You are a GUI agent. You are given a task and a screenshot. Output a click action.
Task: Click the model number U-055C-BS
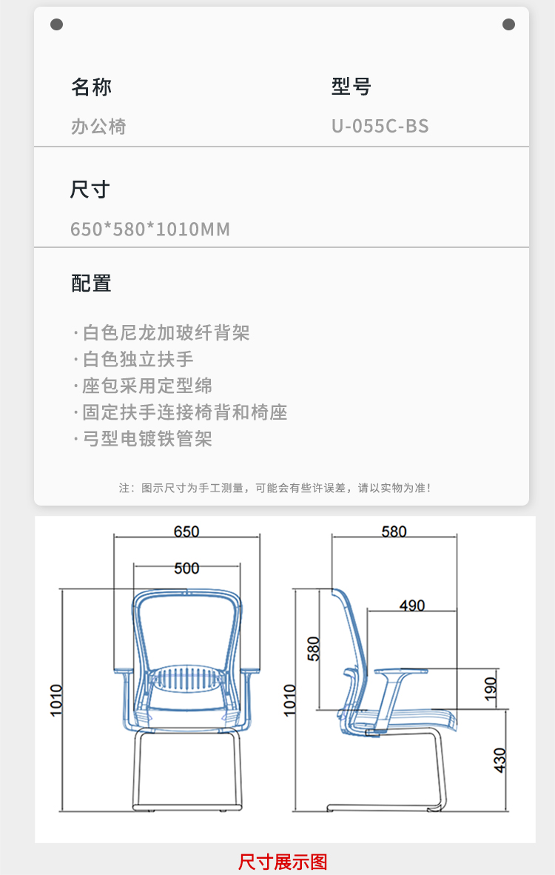pyautogui.click(x=380, y=126)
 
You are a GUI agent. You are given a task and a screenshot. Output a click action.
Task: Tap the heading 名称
pyautogui.click(x=92, y=87)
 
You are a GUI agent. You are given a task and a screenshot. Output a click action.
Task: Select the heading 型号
pyautogui.click(x=351, y=87)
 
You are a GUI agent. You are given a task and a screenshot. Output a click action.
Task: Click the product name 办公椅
pyautogui.click(x=98, y=127)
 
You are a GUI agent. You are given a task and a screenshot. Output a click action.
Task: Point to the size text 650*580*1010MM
pyautogui.click(x=150, y=229)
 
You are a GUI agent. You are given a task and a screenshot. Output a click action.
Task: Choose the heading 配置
pyautogui.click(x=92, y=284)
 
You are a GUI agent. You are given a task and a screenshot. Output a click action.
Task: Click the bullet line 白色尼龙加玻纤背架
pyautogui.click(x=162, y=332)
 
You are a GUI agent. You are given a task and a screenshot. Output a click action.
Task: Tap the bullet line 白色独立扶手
pyautogui.click(x=134, y=359)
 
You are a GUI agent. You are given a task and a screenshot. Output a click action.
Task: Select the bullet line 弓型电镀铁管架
pyautogui.click(x=143, y=439)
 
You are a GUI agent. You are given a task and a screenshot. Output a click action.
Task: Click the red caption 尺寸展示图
pyautogui.click(x=283, y=862)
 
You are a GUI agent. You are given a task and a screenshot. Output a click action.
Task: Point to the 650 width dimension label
pyautogui.click(x=186, y=532)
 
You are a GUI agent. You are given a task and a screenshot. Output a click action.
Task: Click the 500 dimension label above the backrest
pyautogui.click(x=186, y=568)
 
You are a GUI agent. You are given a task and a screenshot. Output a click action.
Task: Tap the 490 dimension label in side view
pyautogui.click(x=412, y=606)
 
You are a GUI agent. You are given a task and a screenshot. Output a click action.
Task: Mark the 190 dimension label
pyautogui.click(x=491, y=688)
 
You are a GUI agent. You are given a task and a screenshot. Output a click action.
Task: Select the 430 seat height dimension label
pyautogui.click(x=499, y=760)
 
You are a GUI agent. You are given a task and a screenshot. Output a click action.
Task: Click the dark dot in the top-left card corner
pyautogui.click(x=56, y=24)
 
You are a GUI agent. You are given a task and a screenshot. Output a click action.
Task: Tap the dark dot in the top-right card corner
pyautogui.click(x=508, y=24)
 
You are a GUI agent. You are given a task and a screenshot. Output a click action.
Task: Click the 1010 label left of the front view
pyautogui.click(x=56, y=700)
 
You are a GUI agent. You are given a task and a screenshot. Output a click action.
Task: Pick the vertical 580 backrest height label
pyautogui.click(x=314, y=648)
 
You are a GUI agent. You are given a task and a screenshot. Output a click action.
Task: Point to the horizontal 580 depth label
pyautogui.click(x=394, y=532)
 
